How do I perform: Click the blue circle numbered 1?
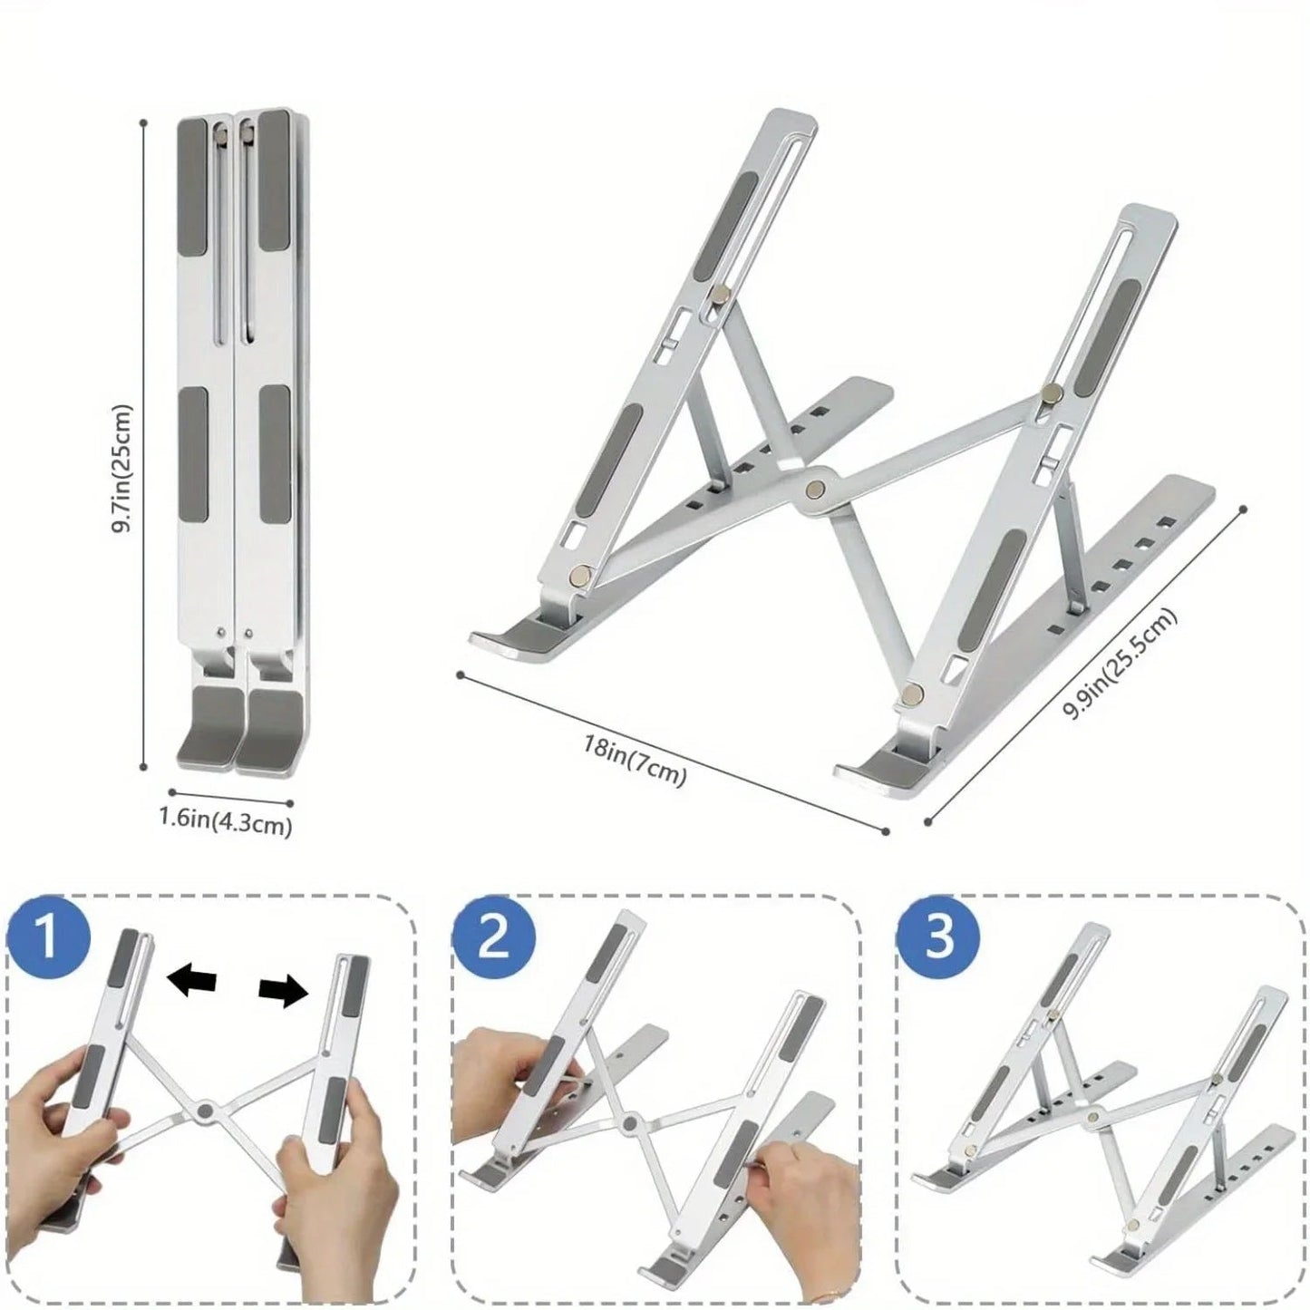(x=49, y=937)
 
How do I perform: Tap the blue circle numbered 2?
(x=493, y=937)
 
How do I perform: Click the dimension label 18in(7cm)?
(x=634, y=762)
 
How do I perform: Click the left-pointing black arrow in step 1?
(x=193, y=982)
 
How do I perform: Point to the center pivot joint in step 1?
(x=205, y=1110)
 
